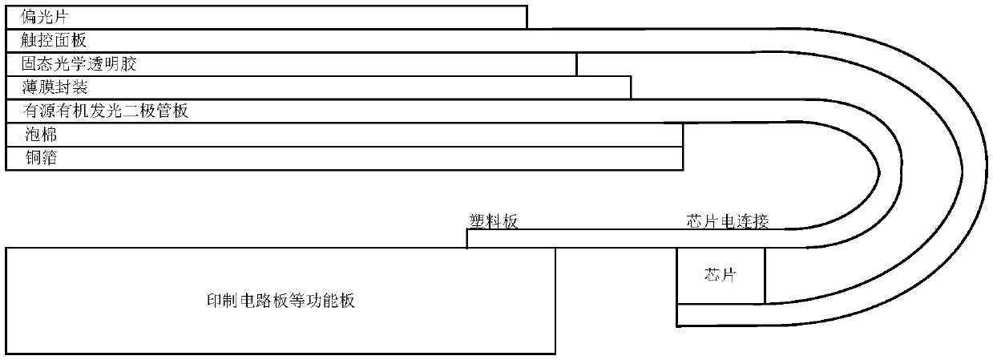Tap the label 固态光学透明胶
pyautogui.click(x=79, y=64)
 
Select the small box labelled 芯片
pyautogui.click(x=720, y=276)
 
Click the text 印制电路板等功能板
pyautogui.click(x=281, y=302)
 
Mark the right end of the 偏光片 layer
pyautogui.click(x=526, y=18)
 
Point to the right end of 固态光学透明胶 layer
pyautogui.click(x=575, y=64)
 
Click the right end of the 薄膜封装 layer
pyautogui.click(x=630, y=87)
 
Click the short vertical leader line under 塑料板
pyautogui.click(x=466, y=239)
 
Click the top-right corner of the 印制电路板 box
pyautogui.click(x=555, y=248)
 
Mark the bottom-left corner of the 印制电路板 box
pyautogui.click(x=6, y=353)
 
